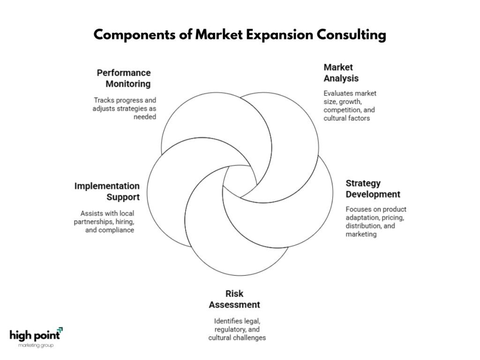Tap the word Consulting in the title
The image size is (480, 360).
pos(351,35)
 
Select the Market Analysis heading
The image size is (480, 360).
pos(341,73)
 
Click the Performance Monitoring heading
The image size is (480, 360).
pos(124,78)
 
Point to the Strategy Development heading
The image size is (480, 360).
pos(373,189)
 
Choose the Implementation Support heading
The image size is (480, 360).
pos(107,192)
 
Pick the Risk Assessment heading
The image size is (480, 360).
pos(234,300)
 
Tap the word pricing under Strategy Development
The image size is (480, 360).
pos(393,217)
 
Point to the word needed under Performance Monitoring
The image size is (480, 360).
pos(145,117)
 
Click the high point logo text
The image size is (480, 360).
pos(35,336)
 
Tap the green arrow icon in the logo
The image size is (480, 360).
pos(60,330)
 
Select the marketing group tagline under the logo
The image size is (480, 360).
pos(36,345)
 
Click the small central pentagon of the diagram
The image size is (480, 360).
pos(240,181)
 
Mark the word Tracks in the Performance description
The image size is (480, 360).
pos(104,100)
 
